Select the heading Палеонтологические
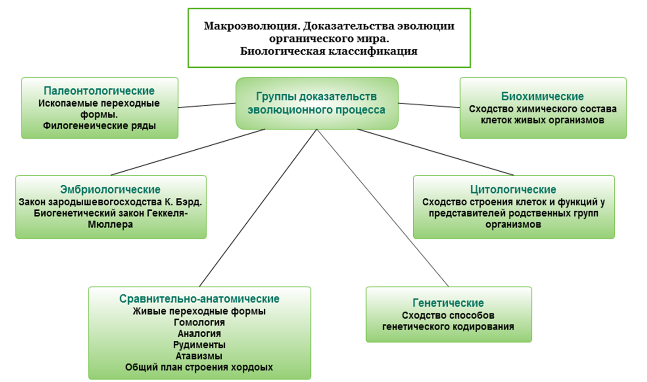tap(99, 91)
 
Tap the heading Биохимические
tap(542, 96)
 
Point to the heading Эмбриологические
tap(110, 190)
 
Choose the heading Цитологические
tap(513, 190)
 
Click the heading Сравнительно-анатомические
tap(199, 299)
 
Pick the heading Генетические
tap(448, 303)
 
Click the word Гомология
tap(199, 322)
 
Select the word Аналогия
tap(199, 334)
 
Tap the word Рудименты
tap(199, 345)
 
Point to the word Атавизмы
tap(199, 356)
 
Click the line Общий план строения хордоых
tap(199, 368)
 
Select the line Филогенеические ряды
tap(99, 126)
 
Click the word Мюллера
tap(110, 224)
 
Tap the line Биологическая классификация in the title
tap(329, 51)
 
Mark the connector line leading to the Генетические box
tap(383, 208)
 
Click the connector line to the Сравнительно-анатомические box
tap(258, 208)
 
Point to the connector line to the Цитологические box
tap(435, 152)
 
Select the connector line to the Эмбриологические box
tap(188, 152)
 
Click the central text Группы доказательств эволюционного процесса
tap(317, 103)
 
